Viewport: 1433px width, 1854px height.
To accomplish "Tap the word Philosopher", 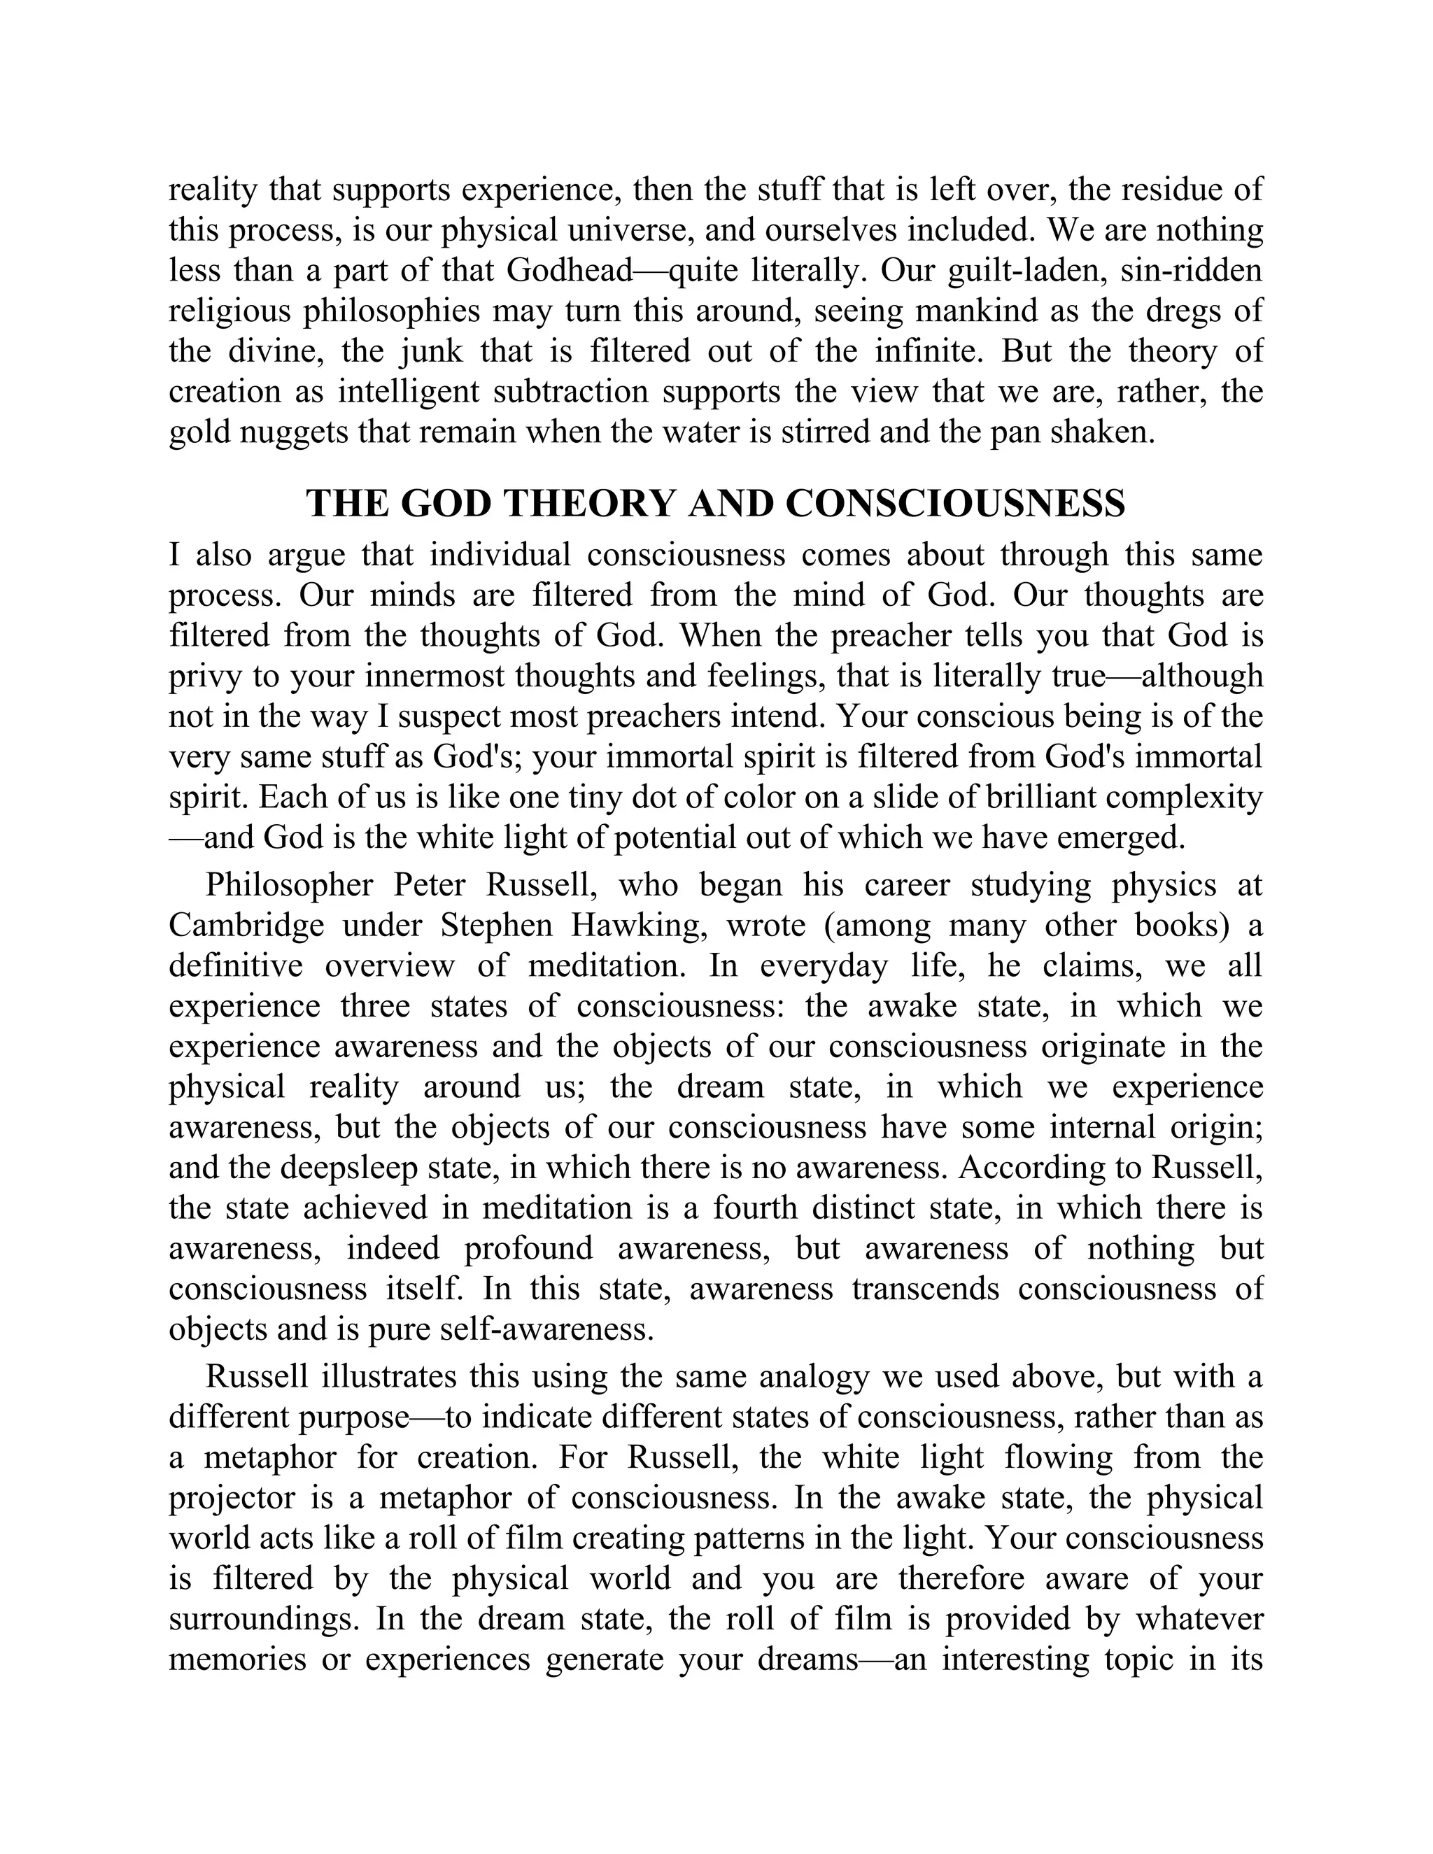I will [x=290, y=884].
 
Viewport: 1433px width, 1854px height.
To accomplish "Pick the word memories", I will [x=237, y=1660].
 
